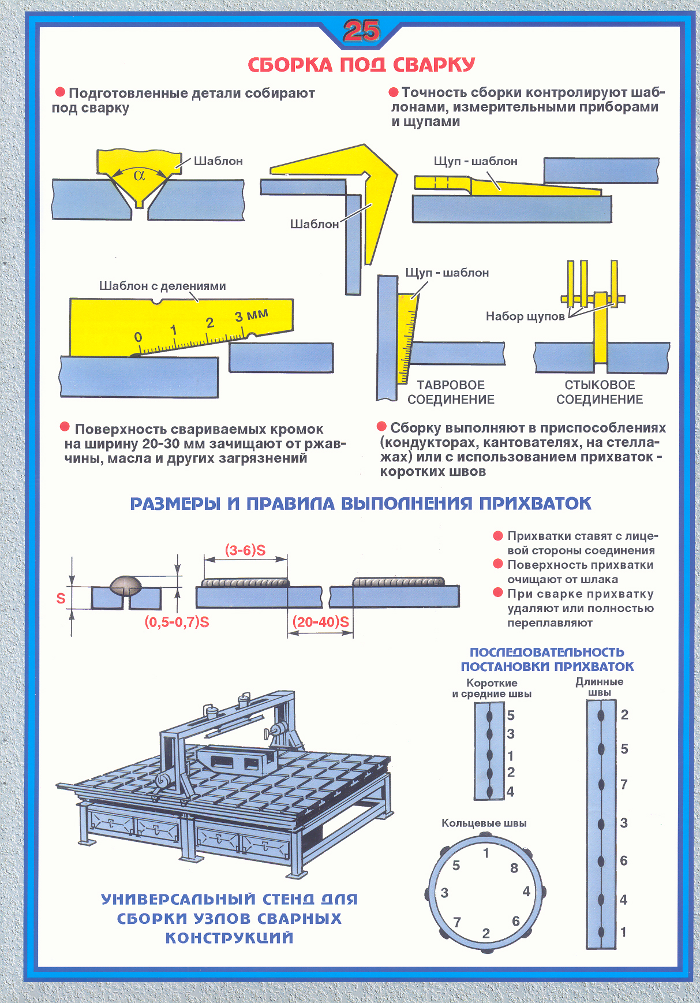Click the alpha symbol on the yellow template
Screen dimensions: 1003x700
[x=139, y=175]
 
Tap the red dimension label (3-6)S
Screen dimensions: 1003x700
[x=245, y=550]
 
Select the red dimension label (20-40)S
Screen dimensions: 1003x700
[x=321, y=622]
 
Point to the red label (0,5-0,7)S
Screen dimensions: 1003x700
[x=177, y=622]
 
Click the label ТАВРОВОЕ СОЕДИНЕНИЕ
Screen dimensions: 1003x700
[x=451, y=392]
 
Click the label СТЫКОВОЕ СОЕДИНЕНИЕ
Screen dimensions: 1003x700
[x=600, y=392]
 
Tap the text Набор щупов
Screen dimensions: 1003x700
[x=525, y=316]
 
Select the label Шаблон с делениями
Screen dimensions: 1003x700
[x=162, y=286]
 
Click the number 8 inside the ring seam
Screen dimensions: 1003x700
[x=514, y=868]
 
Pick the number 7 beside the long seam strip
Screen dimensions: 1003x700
[x=624, y=784]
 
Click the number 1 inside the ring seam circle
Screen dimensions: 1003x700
[x=486, y=853]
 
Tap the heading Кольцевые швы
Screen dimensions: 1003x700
[x=484, y=823]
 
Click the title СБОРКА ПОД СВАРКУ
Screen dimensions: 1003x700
[x=361, y=65]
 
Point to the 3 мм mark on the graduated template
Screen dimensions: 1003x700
[x=251, y=315]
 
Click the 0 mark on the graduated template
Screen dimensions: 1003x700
[x=138, y=337]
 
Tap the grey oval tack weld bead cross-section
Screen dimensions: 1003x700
[x=126, y=585]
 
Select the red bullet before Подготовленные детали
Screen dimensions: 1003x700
[x=60, y=92]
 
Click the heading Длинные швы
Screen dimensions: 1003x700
[x=600, y=687]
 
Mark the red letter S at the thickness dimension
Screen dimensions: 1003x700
[x=61, y=598]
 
